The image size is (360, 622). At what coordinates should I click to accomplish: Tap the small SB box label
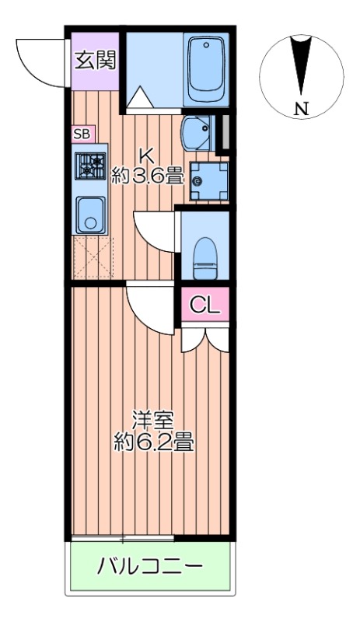pyautogui.click(x=81, y=134)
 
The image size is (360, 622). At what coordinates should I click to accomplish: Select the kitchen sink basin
pyautogui.click(x=91, y=214)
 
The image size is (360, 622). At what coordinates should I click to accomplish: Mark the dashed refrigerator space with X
pyautogui.click(x=93, y=256)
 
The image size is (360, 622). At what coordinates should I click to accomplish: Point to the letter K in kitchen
pyautogui.click(x=145, y=154)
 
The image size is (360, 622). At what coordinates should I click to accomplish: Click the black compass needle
pyautogui.click(x=300, y=66)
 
